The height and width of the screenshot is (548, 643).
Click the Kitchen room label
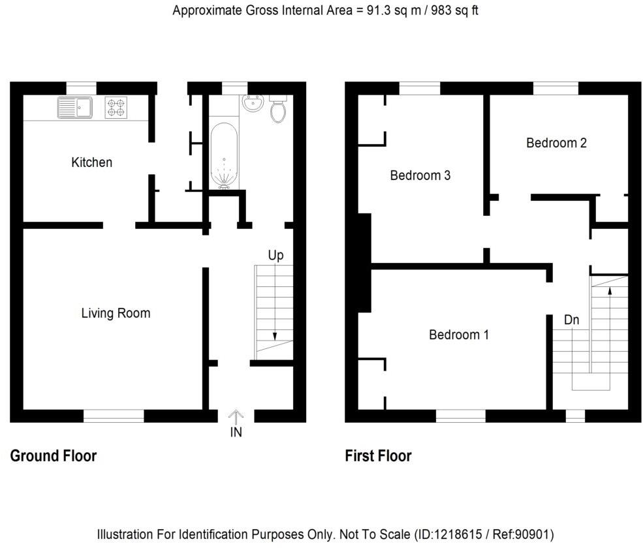[x=91, y=162]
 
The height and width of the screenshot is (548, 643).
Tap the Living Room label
[x=116, y=313]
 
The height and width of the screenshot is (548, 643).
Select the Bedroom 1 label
[x=458, y=335]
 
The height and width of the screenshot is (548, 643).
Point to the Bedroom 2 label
[x=556, y=143]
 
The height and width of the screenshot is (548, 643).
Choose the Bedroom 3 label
[x=420, y=175]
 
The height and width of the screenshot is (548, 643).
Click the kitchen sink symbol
[x=76, y=108]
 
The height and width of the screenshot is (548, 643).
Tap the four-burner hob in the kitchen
[x=116, y=108]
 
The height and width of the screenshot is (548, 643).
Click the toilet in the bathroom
[x=278, y=110]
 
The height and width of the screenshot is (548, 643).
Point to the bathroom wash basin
[x=252, y=103]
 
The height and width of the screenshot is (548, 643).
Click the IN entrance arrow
[x=236, y=416]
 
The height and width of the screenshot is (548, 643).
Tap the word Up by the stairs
[x=275, y=255]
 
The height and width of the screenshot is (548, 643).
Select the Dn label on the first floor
[x=571, y=320]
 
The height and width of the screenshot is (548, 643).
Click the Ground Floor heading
[x=54, y=456]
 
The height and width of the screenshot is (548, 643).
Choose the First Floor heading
[x=378, y=456]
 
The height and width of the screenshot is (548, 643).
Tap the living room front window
[x=114, y=416]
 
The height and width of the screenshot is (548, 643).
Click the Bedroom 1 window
[x=460, y=416]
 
